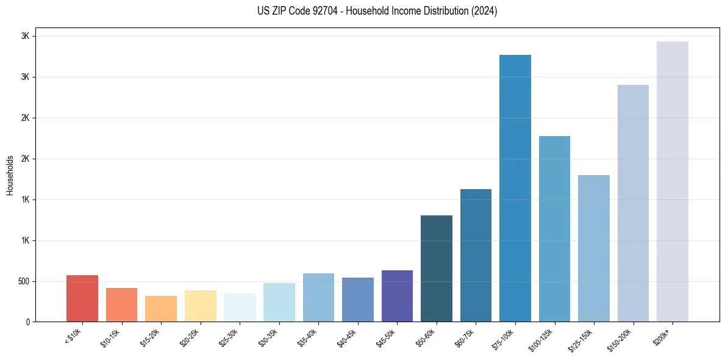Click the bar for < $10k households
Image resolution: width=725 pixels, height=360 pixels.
[x=82, y=298]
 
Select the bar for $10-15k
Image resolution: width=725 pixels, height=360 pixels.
[x=121, y=304]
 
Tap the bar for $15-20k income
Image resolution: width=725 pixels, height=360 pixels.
[x=161, y=309]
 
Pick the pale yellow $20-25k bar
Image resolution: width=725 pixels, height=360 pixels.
[x=201, y=306]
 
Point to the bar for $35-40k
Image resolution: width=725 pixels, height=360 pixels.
[x=318, y=297]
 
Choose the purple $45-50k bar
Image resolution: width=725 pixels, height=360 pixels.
[x=397, y=296]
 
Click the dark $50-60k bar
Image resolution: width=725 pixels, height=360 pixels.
[x=437, y=268]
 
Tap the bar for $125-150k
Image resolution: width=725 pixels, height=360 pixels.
[x=594, y=248]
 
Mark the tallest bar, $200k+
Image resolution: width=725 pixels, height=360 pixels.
[x=673, y=181]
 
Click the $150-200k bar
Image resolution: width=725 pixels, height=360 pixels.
[x=633, y=203]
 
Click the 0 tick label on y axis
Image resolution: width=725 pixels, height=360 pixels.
[x=27, y=322]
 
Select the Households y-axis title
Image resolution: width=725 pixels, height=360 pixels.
[x=10, y=175]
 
